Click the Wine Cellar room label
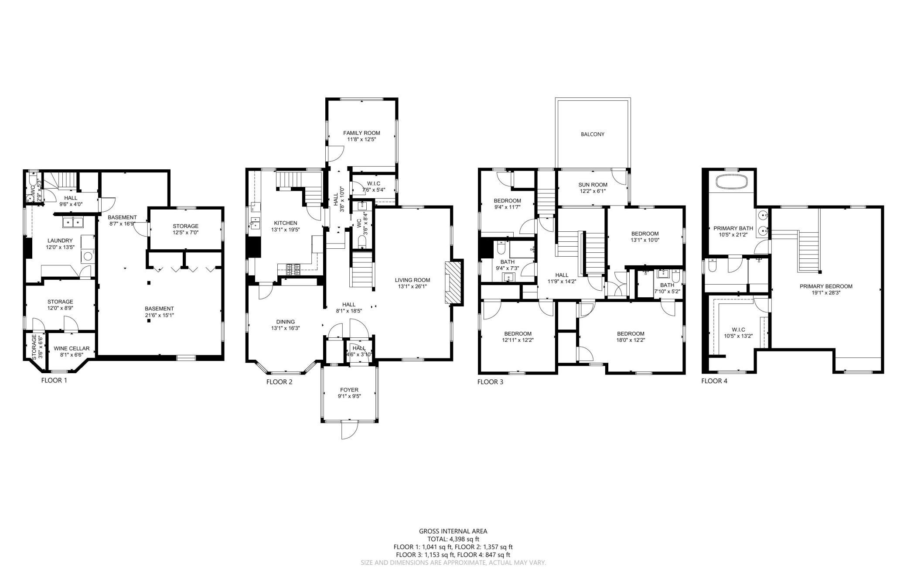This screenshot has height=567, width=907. (72, 348)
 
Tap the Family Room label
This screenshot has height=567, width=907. (361, 133)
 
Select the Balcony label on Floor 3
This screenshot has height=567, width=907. (593, 134)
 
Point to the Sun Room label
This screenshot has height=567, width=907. (593, 185)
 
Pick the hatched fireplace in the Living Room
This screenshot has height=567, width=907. (453, 282)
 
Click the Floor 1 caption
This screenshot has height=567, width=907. (54, 380)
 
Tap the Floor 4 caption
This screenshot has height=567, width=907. (714, 381)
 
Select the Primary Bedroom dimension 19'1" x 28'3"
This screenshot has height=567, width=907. (826, 293)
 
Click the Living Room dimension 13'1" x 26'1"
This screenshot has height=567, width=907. (413, 287)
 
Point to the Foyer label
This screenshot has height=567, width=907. (349, 390)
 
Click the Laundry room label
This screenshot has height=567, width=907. (60, 241)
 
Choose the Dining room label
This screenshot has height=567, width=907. (286, 322)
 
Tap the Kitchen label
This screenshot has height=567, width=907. (286, 223)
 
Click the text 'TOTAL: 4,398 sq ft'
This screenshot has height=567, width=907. (453, 539)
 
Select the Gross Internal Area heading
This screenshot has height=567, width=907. (453, 531)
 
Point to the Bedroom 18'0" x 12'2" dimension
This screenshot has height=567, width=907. (631, 340)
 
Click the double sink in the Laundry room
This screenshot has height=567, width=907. (73, 223)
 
